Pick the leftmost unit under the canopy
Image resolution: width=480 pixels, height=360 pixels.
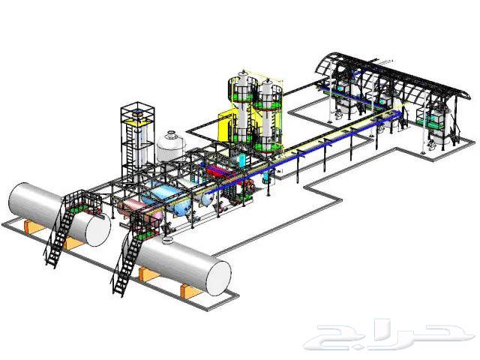(341, 97)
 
